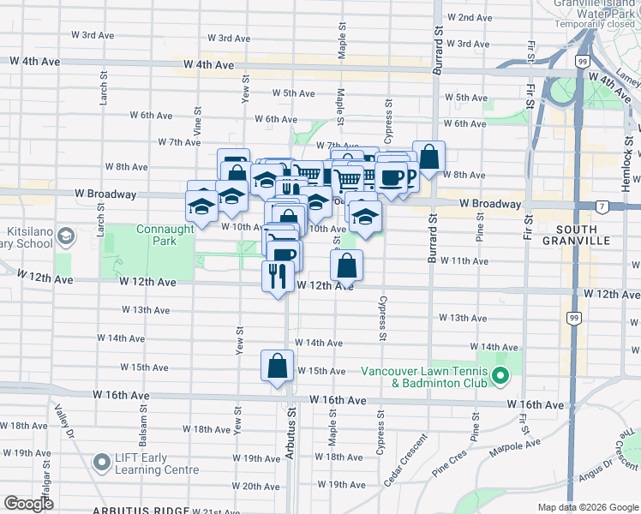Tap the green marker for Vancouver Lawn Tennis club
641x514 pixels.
point(500,376)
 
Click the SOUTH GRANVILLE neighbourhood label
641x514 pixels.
point(583,236)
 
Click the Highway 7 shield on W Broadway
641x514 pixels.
point(603,206)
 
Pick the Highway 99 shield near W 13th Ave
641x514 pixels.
point(572,316)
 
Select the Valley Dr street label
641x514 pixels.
point(61,419)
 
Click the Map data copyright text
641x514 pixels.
point(576,507)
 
